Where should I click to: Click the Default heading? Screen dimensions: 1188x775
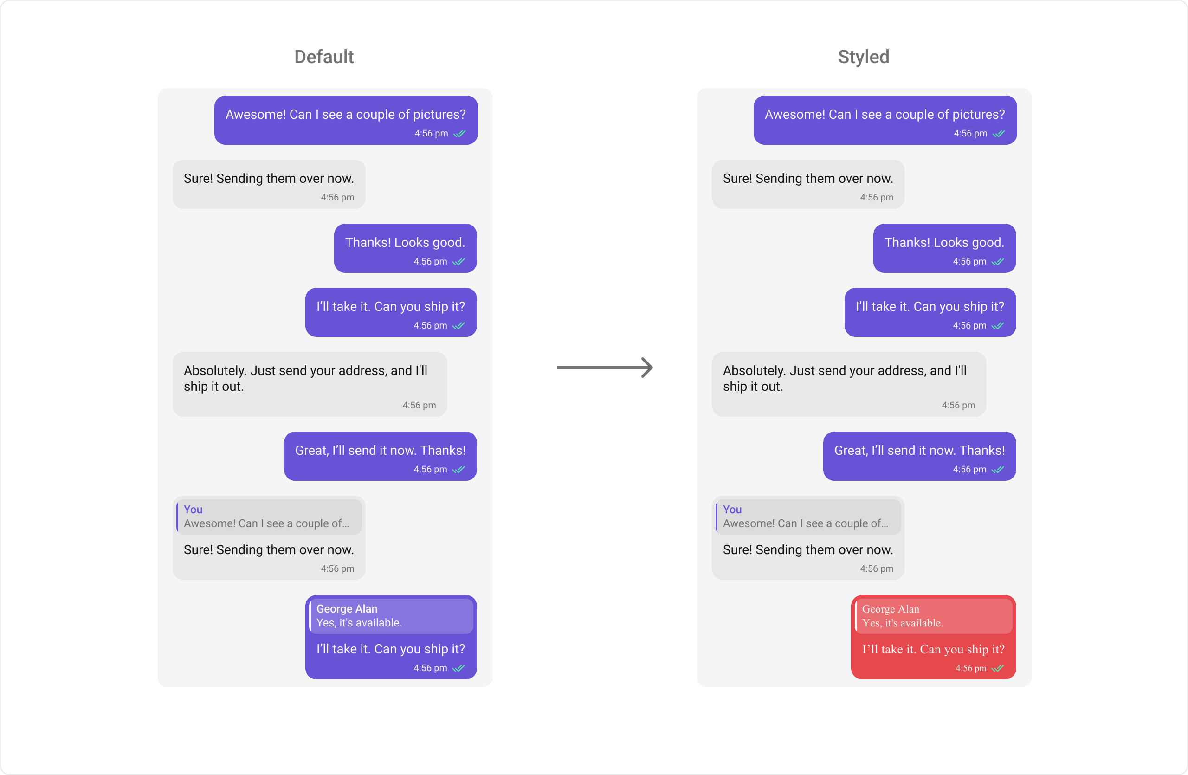(x=324, y=57)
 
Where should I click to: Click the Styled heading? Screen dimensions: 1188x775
(x=864, y=57)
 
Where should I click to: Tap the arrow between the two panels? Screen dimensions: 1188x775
(x=605, y=368)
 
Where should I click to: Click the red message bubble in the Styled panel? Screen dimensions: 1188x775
(x=933, y=637)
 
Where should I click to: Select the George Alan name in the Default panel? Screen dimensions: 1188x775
(x=347, y=609)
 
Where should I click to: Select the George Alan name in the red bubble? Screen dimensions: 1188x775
(x=891, y=609)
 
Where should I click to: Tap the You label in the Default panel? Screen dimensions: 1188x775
(x=193, y=510)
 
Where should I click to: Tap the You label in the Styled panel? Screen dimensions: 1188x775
(x=732, y=510)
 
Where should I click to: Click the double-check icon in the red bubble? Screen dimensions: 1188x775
(x=998, y=668)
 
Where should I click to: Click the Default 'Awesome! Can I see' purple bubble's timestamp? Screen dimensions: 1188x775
(x=431, y=133)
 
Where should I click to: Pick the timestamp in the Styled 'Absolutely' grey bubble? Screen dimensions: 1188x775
(x=958, y=405)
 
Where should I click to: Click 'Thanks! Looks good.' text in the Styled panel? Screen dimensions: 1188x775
(x=944, y=243)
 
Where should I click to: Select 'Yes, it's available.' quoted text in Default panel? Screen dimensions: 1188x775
(x=359, y=623)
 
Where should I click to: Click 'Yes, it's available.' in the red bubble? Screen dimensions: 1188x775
(x=903, y=623)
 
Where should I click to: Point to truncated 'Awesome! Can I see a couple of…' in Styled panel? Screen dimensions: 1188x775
(x=806, y=523)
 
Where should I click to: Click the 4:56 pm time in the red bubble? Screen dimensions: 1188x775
(x=971, y=668)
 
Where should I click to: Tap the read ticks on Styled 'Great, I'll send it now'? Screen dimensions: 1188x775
(x=998, y=470)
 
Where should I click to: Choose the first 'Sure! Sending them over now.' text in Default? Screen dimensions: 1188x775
(x=269, y=179)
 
